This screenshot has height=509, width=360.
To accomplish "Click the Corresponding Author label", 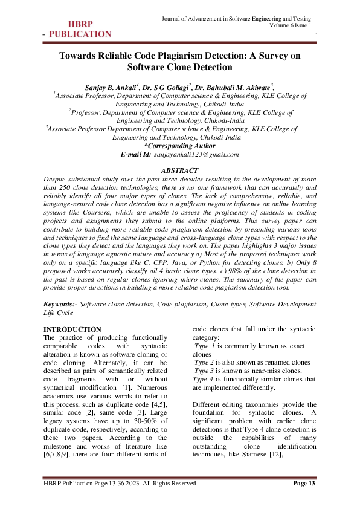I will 180,146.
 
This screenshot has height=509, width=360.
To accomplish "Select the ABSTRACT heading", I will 179,170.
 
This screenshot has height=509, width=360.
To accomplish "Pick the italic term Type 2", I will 198,362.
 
